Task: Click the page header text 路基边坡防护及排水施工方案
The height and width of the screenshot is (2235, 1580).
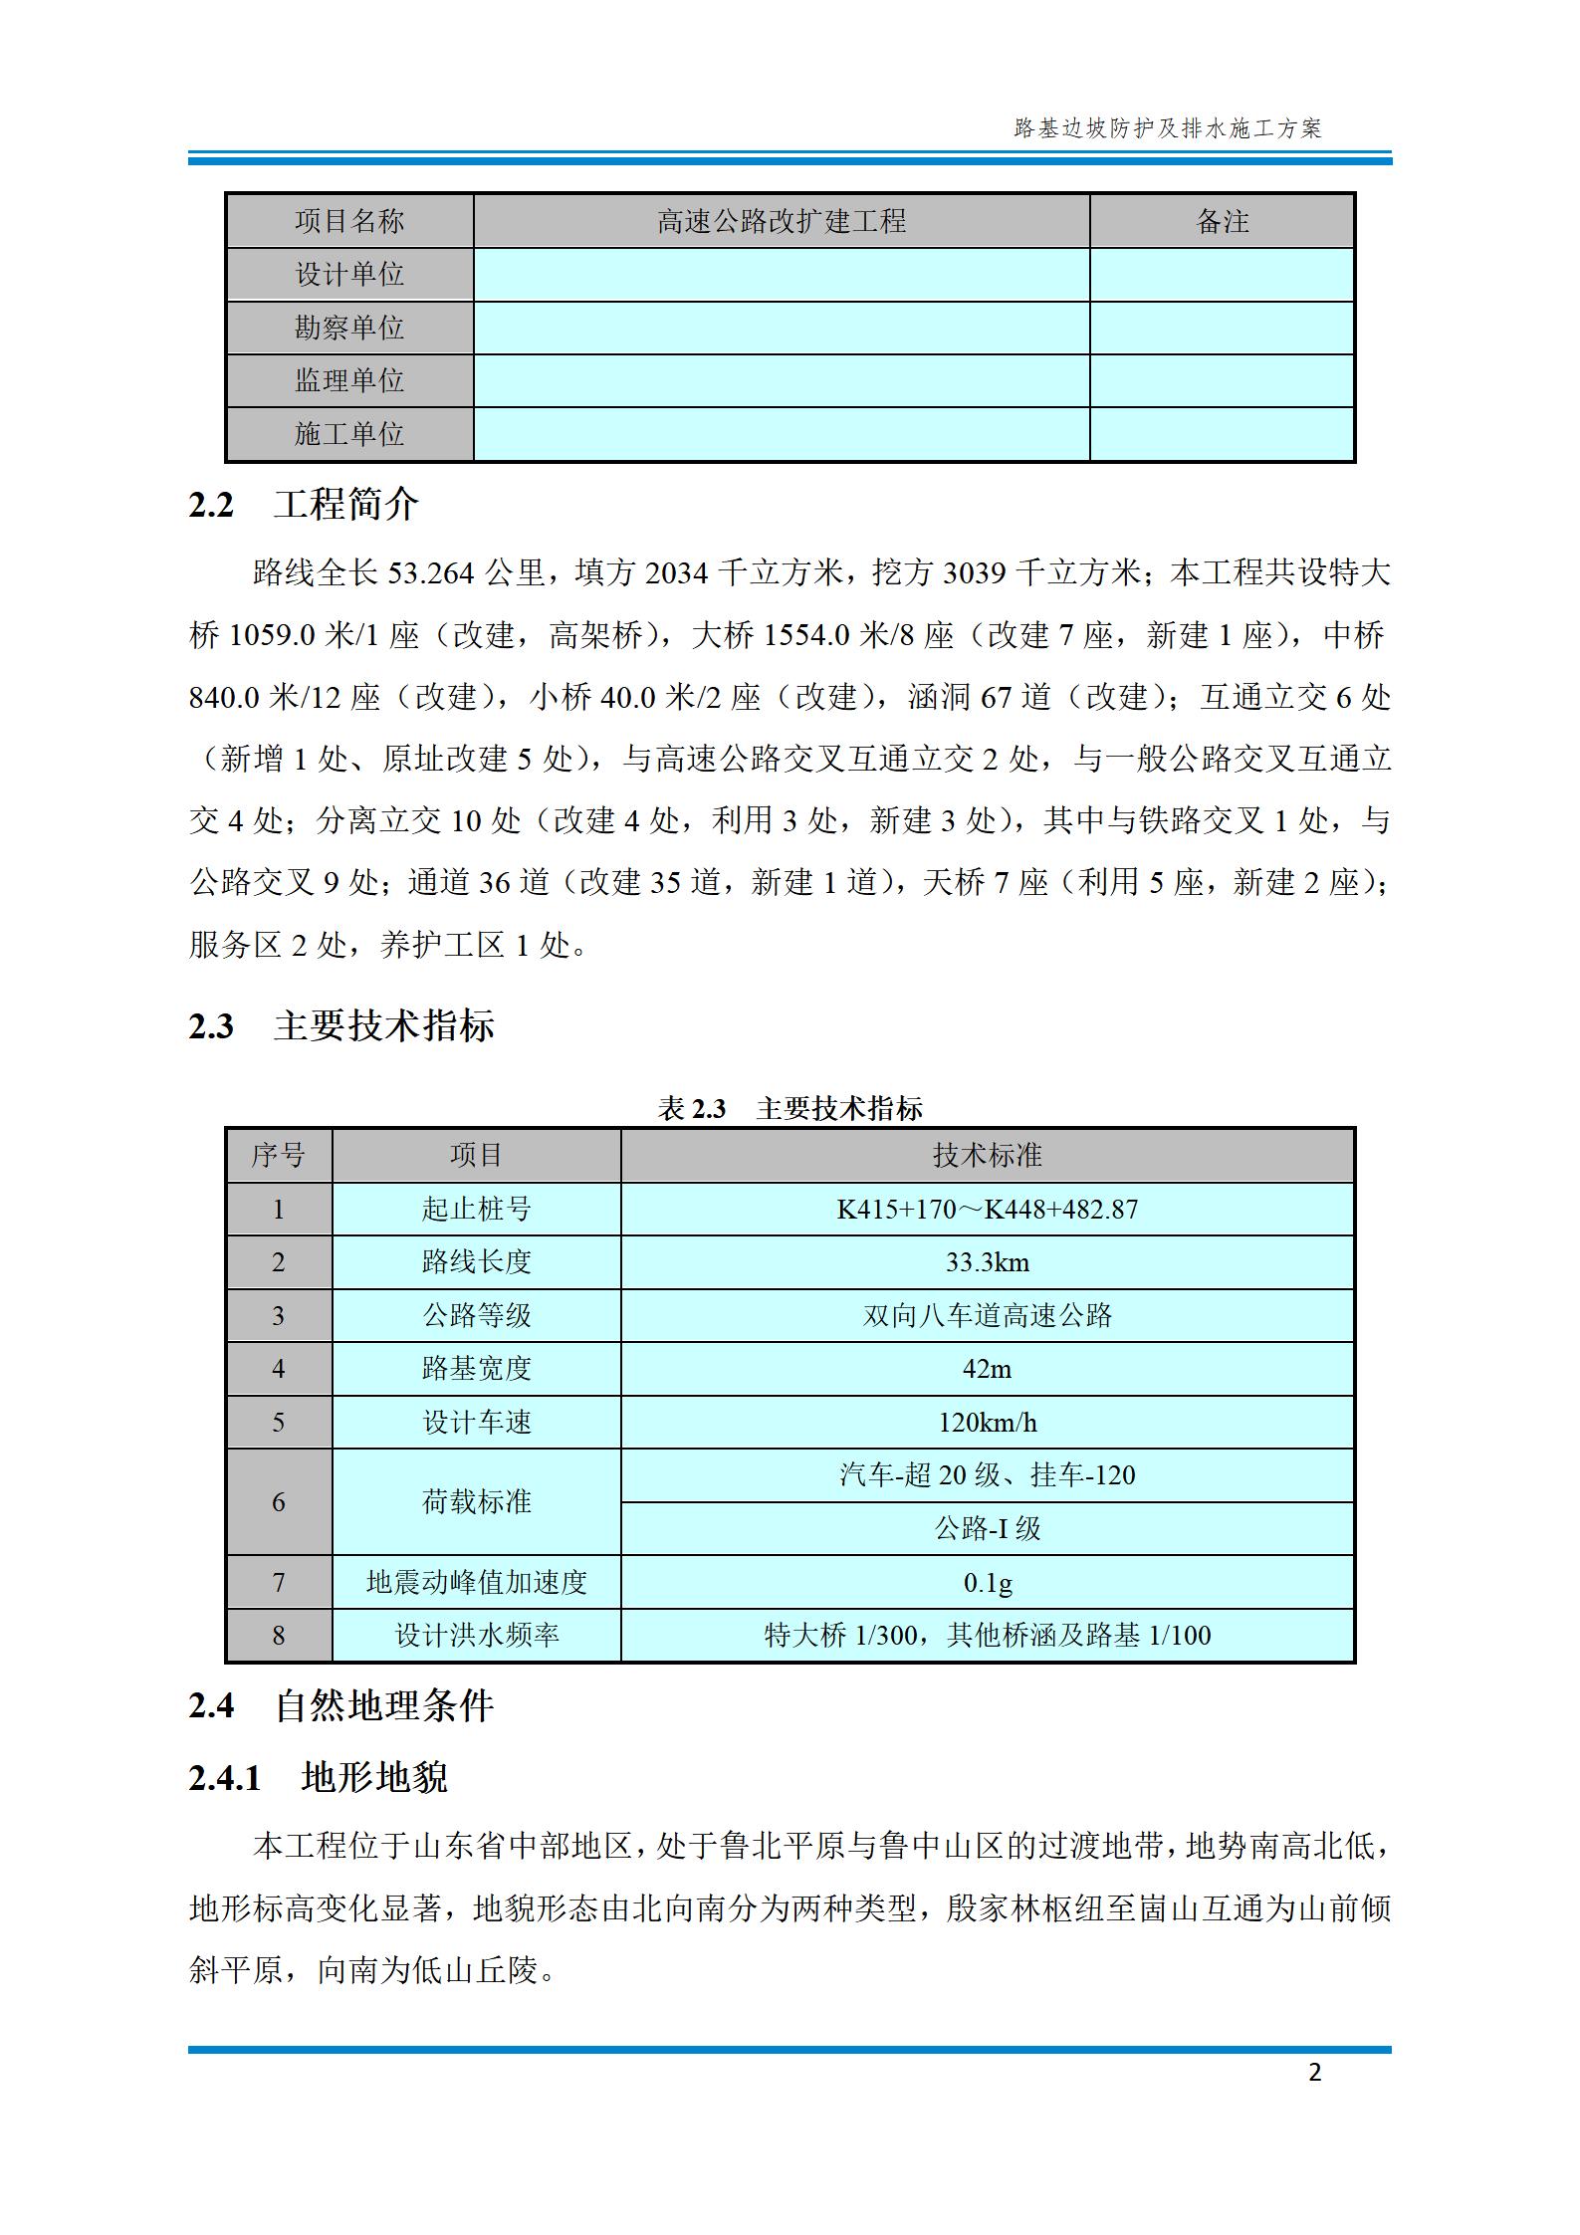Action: [x=1167, y=128]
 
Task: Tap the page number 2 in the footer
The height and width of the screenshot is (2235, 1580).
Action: [x=1315, y=2072]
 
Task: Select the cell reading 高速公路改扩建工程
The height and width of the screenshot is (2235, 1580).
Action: [x=781, y=221]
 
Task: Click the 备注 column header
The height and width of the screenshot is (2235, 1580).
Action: [x=1222, y=221]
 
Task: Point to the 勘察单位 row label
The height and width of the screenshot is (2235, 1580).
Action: [x=349, y=328]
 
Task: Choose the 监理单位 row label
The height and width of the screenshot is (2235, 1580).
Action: [x=349, y=380]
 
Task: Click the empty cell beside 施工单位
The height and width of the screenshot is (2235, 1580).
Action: [x=781, y=434]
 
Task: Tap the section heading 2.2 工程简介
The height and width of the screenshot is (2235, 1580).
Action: [x=304, y=505]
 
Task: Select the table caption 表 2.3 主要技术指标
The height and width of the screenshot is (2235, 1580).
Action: [x=790, y=1108]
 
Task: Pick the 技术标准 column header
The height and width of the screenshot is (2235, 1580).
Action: [x=987, y=1155]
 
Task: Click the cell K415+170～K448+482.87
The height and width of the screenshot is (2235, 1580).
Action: [x=987, y=1209]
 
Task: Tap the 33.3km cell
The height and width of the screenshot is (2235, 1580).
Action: [x=987, y=1262]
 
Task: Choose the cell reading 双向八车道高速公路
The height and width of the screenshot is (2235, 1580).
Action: [x=987, y=1315]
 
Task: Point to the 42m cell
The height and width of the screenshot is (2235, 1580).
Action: [x=987, y=1369]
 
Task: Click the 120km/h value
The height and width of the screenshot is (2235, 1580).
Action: [x=987, y=1422]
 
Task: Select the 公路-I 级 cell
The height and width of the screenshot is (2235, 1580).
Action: [x=987, y=1528]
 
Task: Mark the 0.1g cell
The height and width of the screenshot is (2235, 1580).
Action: [x=987, y=1582]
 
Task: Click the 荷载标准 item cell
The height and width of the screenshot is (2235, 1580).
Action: [x=476, y=1501]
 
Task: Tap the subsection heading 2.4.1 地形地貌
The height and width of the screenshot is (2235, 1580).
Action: [x=319, y=1777]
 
